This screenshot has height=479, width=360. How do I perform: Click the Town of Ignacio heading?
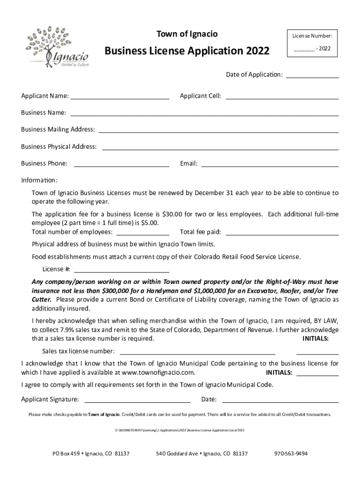click(x=187, y=34)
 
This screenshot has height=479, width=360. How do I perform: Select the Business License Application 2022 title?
click(x=187, y=51)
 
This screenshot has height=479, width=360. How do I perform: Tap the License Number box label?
click(x=312, y=36)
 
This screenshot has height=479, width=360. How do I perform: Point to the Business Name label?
click(x=43, y=113)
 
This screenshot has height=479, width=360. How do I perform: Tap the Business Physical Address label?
click(x=59, y=147)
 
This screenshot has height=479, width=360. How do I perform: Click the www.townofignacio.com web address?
click(x=158, y=373)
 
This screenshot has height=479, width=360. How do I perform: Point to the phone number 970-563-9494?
click(x=291, y=454)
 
